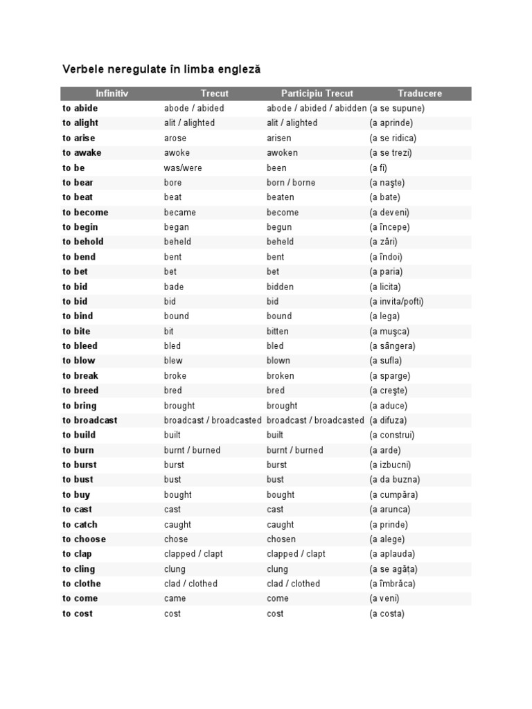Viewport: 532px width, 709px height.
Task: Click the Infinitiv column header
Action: pyautogui.click(x=112, y=93)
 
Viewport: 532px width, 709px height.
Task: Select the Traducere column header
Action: pyautogui.click(x=420, y=93)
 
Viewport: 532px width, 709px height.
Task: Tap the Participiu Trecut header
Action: pyautogui.click(x=317, y=93)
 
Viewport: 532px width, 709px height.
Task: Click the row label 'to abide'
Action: pyautogui.click(x=80, y=108)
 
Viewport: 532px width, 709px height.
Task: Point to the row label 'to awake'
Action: pyautogui.click(x=82, y=152)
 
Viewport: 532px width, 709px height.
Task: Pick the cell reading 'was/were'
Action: pyautogui.click(x=183, y=168)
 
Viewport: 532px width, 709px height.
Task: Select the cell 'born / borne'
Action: pyautogui.click(x=291, y=182)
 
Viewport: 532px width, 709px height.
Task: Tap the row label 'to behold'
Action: pyautogui.click(x=83, y=242)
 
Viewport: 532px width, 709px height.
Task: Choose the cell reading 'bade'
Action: pyautogui.click(x=174, y=287)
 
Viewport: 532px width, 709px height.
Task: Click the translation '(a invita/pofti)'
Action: pyautogui.click(x=396, y=301)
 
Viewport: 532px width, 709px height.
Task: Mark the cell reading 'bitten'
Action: pyautogui.click(x=278, y=331)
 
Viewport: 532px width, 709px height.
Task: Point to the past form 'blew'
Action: pyautogui.click(x=173, y=360)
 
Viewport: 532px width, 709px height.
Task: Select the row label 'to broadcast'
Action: pyautogui.click(x=90, y=420)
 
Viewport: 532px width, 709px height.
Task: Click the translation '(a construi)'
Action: pyautogui.click(x=392, y=435)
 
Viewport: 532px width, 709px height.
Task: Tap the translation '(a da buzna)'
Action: pyautogui.click(x=394, y=479)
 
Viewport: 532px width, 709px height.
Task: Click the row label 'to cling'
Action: pyautogui.click(x=78, y=569)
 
